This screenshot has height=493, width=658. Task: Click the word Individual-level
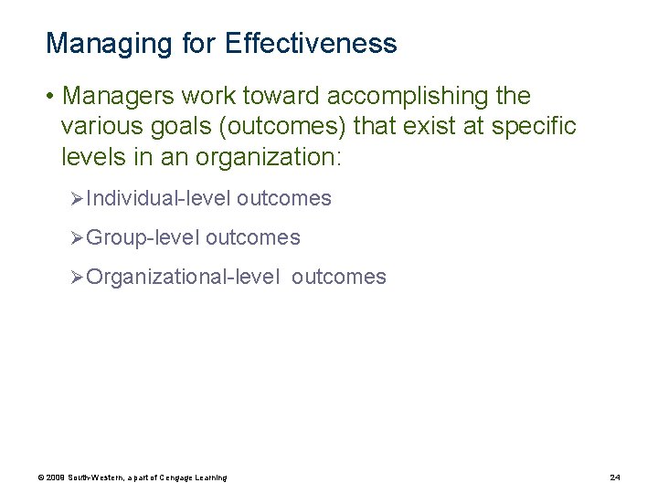click(158, 198)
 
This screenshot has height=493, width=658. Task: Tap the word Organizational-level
click(183, 277)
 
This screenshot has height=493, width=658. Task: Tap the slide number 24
click(614, 477)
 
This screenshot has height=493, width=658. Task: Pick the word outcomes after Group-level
click(252, 237)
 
